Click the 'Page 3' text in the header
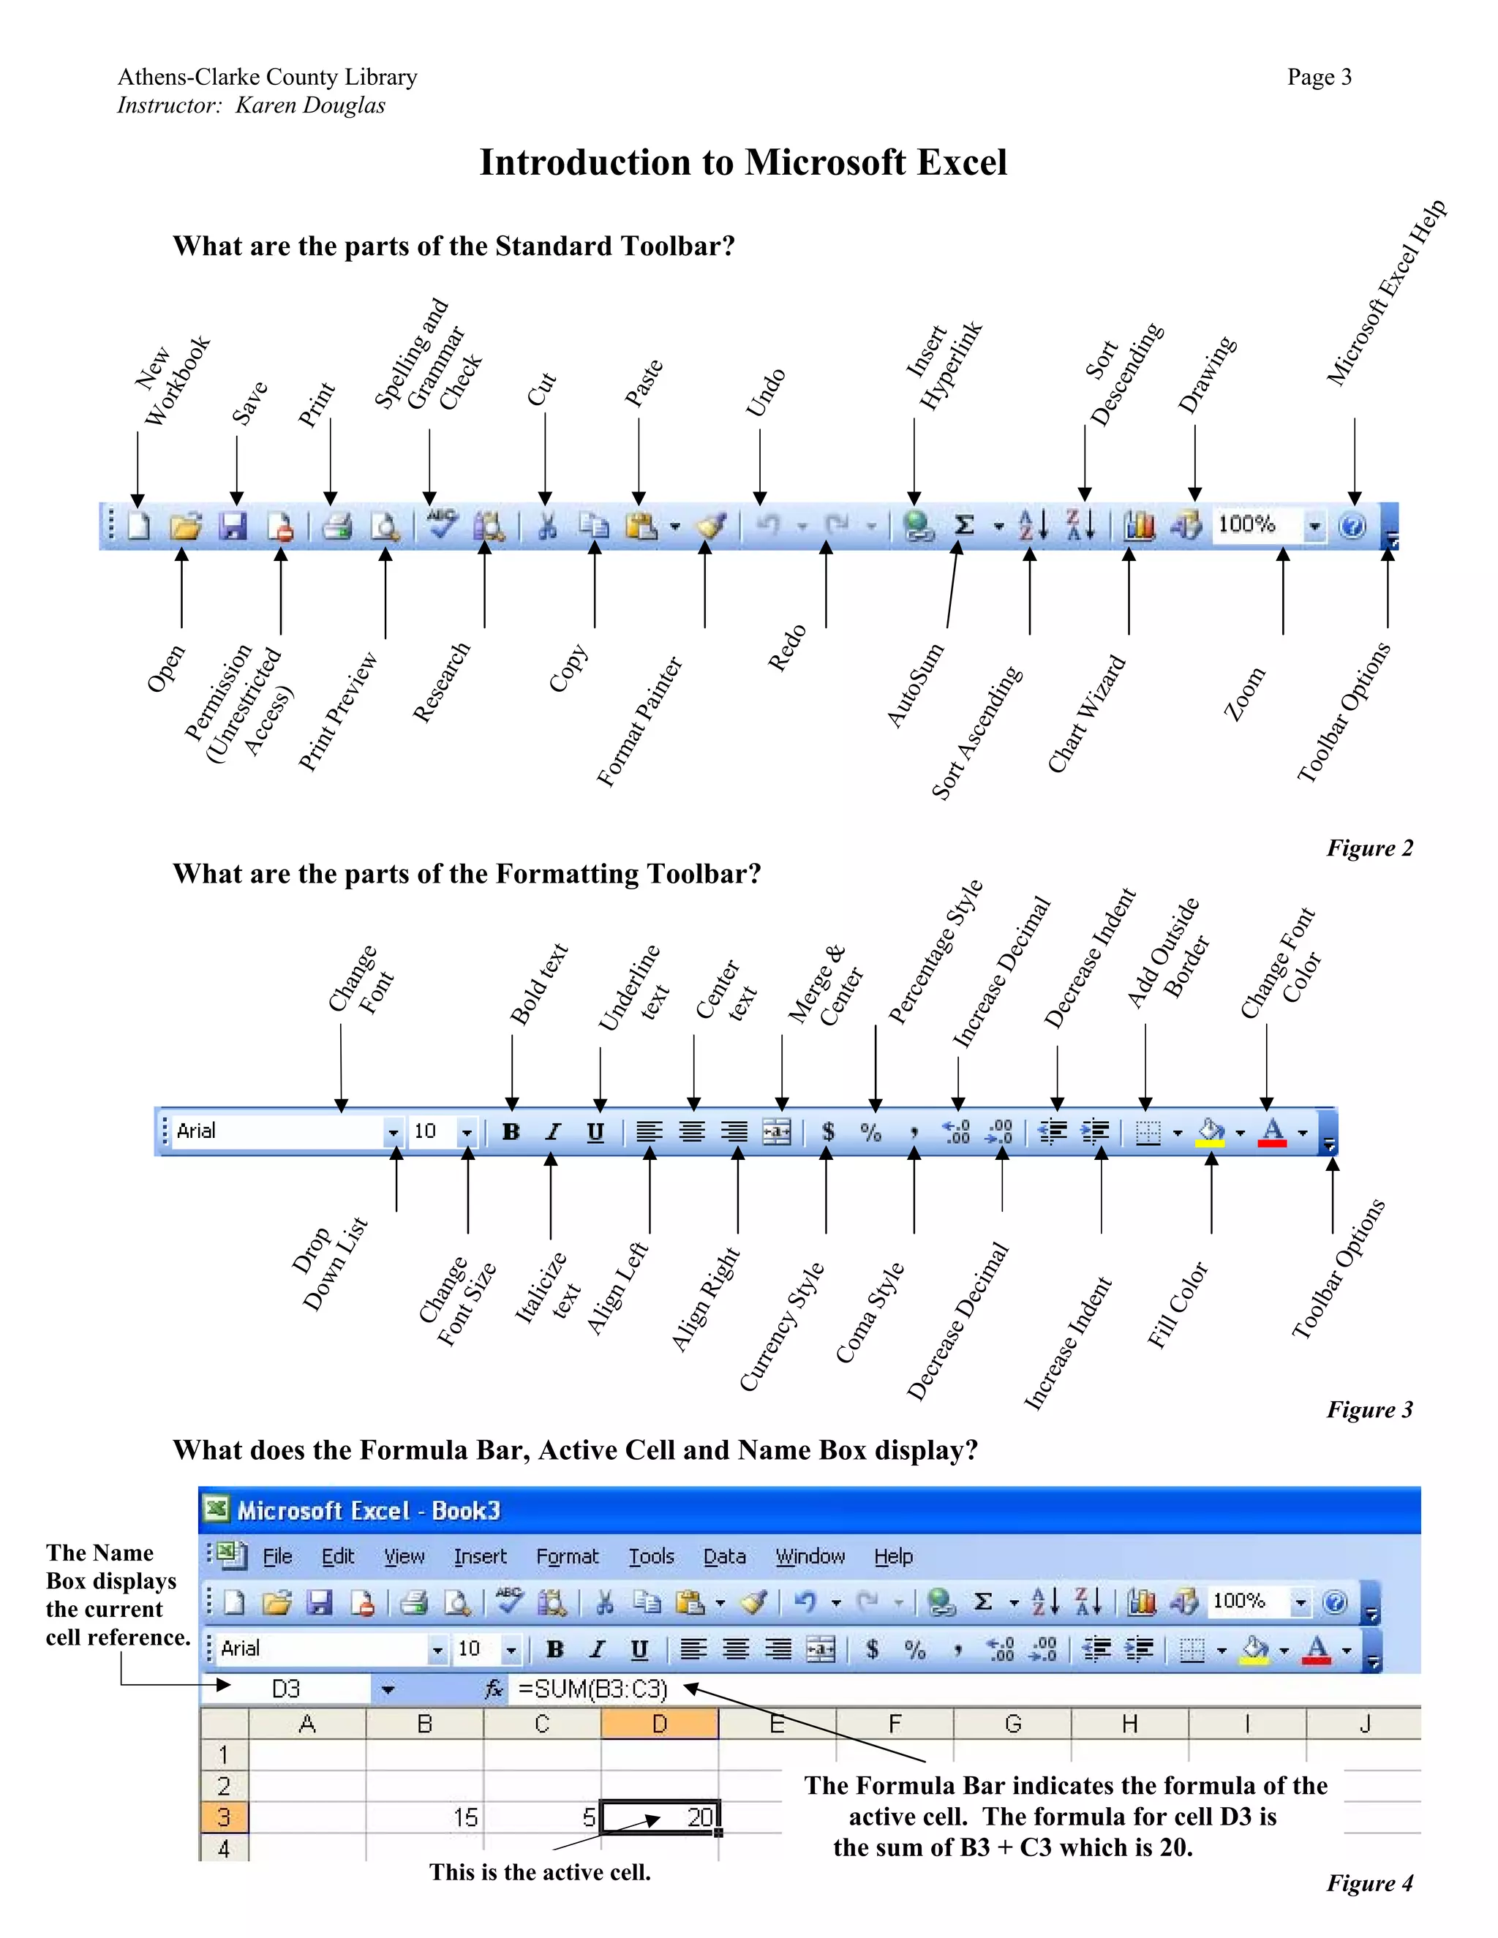point(1319,78)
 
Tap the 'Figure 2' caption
point(1369,848)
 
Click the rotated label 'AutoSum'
point(915,686)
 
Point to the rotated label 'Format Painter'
point(639,721)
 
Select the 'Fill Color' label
point(1177,1305)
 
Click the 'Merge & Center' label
point(825,986)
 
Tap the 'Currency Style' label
point(782,1327)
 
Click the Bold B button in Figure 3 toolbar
point(511,1131)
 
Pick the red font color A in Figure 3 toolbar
point(1272,1131)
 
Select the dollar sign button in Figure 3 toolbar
point(827,1131)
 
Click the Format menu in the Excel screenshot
point(567,1556)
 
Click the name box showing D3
point(286,1689)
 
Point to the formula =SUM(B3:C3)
point(592,1689)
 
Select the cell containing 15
point(425,1817)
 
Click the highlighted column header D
point(659,1724)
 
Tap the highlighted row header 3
point(224,1817)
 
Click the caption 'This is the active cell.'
point(540,1872)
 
